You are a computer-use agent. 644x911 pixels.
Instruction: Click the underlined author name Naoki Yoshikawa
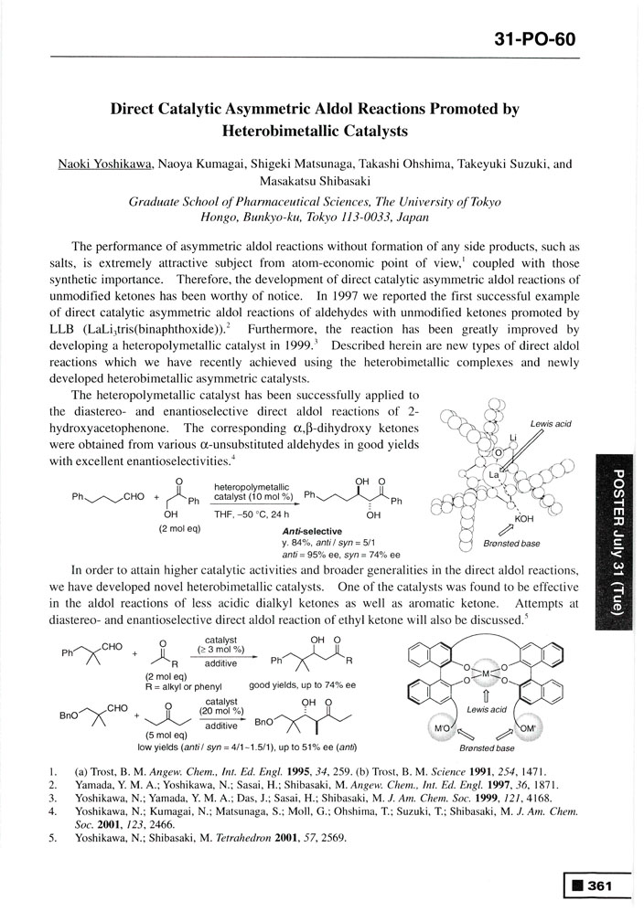pos(100,164)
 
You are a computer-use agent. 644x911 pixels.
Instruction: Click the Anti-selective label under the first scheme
pos(312,532)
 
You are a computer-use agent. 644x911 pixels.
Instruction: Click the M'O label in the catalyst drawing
pos(441,727)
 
